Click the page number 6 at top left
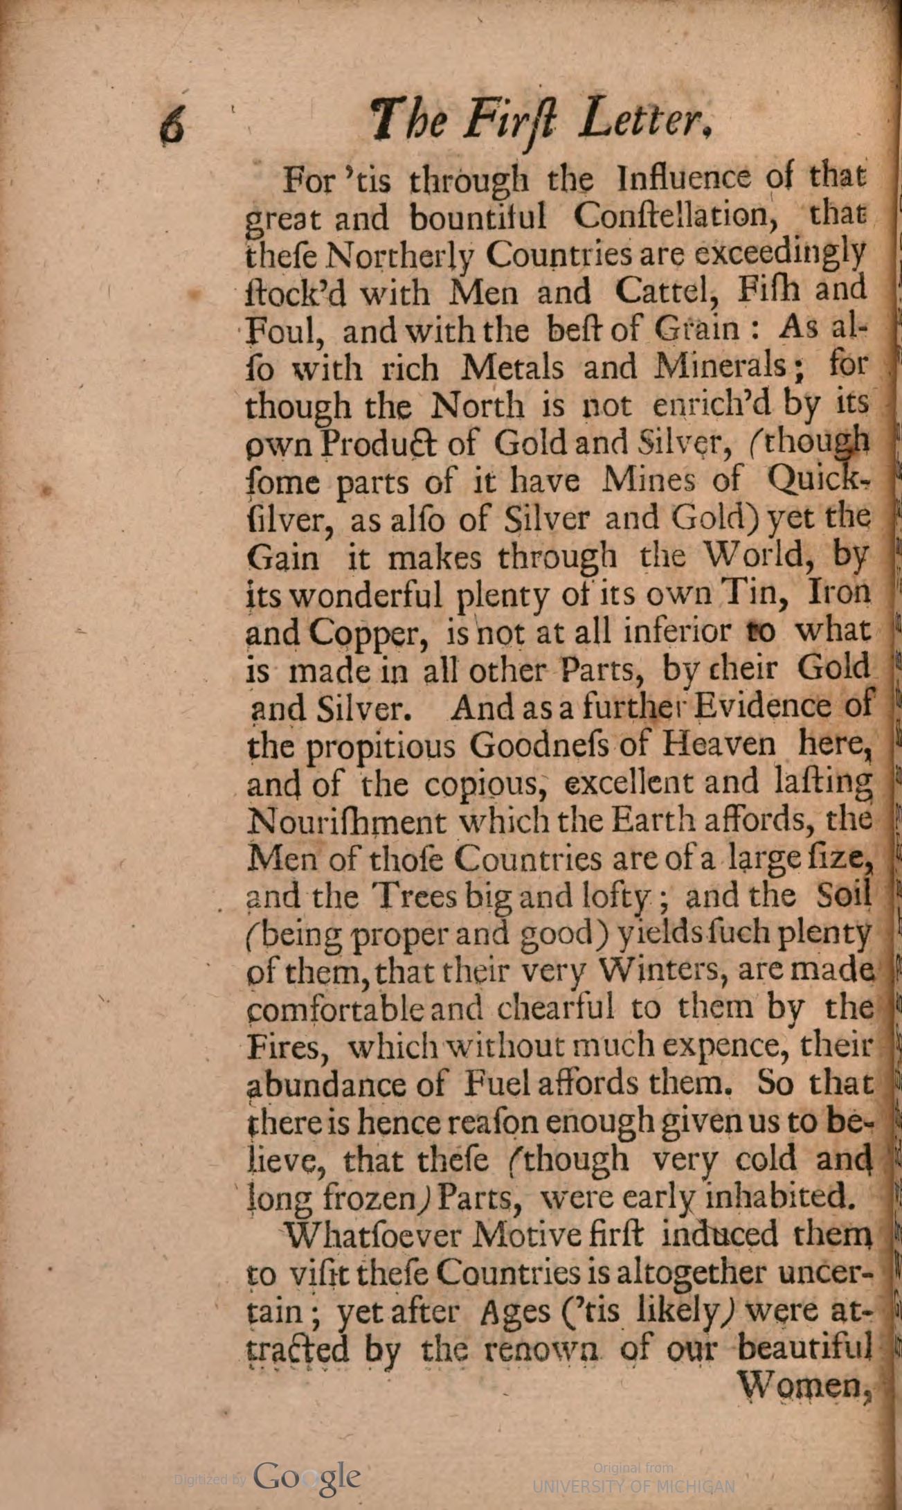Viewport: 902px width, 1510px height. coord(172,126)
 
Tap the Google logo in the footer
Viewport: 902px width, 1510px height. coord(307,1477)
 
